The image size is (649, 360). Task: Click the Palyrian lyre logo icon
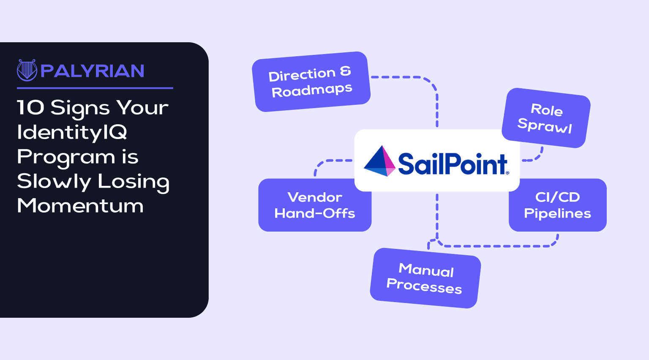tap(27, 70)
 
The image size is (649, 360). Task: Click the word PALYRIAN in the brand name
tap(93, 71)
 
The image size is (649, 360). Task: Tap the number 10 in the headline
tap(30, 107)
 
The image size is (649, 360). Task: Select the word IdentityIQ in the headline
tap(72, 132)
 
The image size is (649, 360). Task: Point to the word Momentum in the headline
tap(80, 206)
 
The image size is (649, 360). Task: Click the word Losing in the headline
tap(134, 182)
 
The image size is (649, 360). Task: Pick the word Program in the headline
tap(66, 157)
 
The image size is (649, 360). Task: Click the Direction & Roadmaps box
tap(311, 82)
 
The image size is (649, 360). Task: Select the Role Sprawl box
tap(545, 118)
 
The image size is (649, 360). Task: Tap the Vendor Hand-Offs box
tap(315, 205)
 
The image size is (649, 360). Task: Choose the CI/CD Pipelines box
tap(557, 205)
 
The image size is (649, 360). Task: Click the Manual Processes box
tap(425, 278)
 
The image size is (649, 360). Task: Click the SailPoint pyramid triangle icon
tap(379, 161)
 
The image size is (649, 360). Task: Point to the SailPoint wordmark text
tap(453, 164)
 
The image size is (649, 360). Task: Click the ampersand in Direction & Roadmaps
tap(345, 71)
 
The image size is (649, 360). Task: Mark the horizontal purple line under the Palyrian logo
tap(95, 88)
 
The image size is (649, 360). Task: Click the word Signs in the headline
tap(80, 108)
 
